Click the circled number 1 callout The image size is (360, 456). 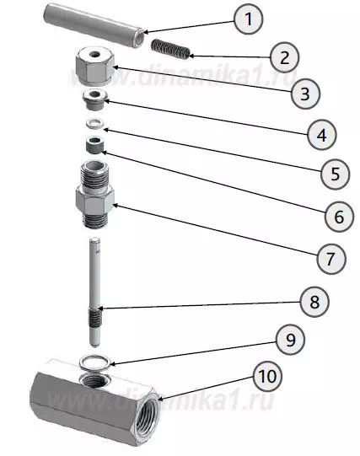click(x=249, y=19)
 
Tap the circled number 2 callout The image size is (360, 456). click(x=284, y=57)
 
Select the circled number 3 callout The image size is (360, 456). click(x=305, y=94)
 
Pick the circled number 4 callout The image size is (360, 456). click(x=321, y=135)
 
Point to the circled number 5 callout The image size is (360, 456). click(x=335, y=174)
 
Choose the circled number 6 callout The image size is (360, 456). click(x=339, y=217)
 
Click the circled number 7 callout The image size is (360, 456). click(x=331, y=258)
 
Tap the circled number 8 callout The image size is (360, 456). click(x=314, y=302)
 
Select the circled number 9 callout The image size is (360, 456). click(x=291, y=340)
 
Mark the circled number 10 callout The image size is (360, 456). click(x=267, y=376)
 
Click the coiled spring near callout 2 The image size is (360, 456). click(x=170, y=49)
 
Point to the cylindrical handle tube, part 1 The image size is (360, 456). click(x=94, y=25)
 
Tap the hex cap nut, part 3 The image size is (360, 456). click(x=94, y=67)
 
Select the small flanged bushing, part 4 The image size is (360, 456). click(x=95, y=99)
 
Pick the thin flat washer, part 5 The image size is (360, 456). click(x=94, y=123)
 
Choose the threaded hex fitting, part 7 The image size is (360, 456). click(x=94, y=196)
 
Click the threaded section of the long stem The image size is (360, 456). click(x=94, y=316)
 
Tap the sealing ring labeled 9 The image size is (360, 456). click(x=95, y=362)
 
